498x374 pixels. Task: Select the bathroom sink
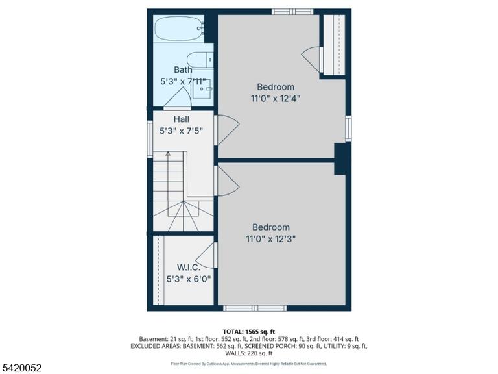tap(202, 89)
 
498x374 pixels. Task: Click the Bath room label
tap(183, 69)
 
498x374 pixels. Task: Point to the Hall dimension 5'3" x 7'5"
tap(181, 131)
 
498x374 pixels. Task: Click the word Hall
tap(182, 119)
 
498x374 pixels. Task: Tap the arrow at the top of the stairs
tap(168, 154)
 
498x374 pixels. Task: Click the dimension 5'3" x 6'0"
tap(189, 279)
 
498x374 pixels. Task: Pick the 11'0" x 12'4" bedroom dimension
tap(276, 99)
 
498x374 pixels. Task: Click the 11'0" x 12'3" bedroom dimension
tap(271, 239)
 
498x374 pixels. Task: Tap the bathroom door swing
tap(177, 97)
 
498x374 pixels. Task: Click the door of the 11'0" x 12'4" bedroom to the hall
tap(227, 127)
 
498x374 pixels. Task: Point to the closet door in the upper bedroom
tap(312, 59)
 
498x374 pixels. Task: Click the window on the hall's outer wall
tap(150, 139)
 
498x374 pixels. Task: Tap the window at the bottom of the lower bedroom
tap(255, 308)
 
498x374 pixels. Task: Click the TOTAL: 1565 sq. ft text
tap(249, 332)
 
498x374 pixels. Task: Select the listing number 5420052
tap(21, 368)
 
